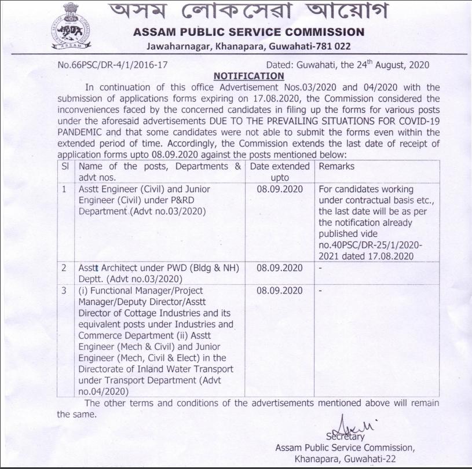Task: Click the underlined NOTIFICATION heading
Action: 249,76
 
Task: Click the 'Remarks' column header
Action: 336,166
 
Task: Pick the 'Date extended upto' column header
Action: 280,172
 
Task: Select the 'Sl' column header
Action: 65,166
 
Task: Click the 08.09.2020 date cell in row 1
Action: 280,189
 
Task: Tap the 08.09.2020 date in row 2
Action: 280,268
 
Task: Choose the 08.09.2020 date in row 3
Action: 280,290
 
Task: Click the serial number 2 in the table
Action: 65,268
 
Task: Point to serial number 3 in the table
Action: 65,290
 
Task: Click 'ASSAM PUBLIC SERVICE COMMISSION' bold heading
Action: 248,32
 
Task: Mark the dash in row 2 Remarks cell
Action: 321,268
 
